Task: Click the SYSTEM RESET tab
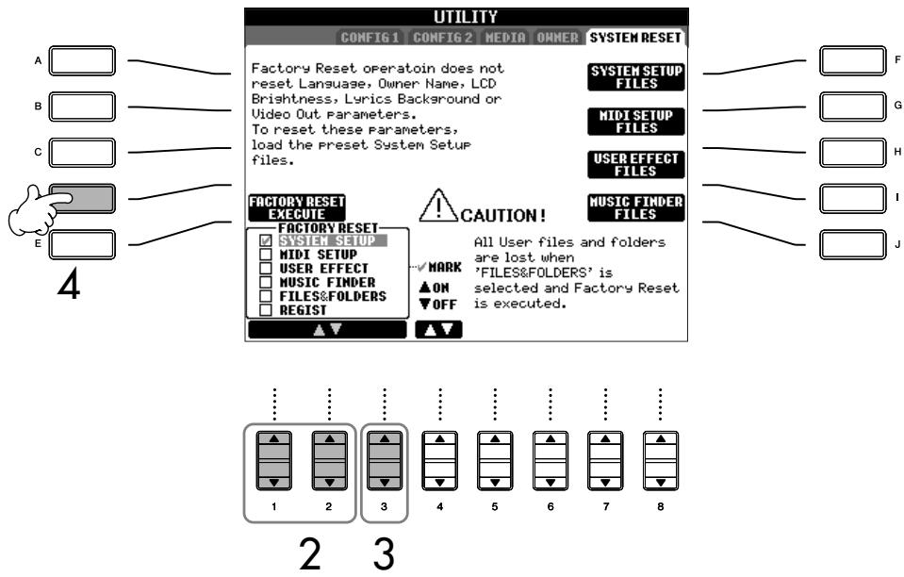636,38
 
